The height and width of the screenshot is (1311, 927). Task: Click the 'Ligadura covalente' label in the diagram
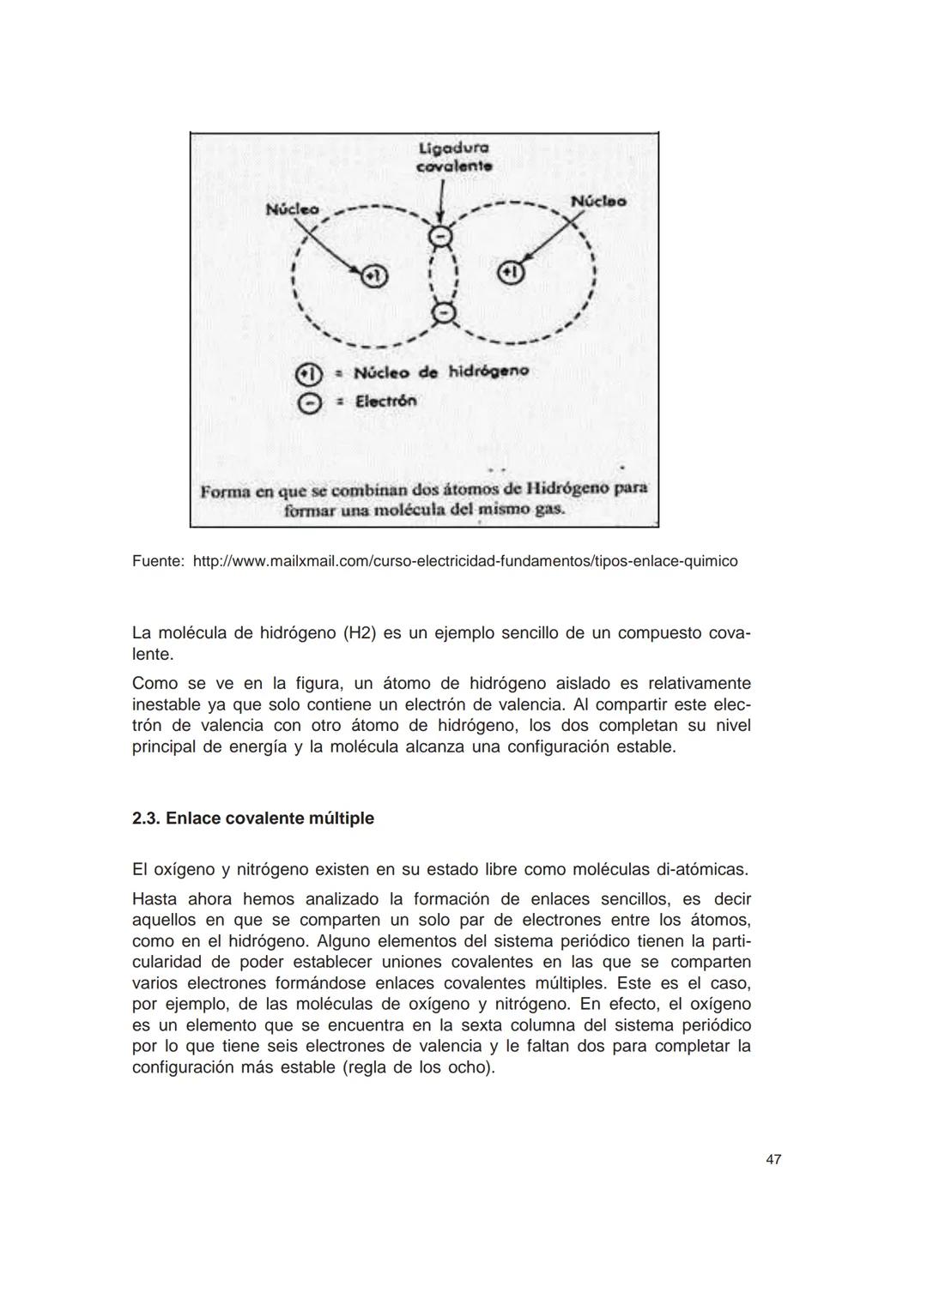coord(453,159)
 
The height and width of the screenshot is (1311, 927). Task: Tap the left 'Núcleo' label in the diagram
coord(292,208)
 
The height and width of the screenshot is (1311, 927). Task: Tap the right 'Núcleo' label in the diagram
coord(598,201)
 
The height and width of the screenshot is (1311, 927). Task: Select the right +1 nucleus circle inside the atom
coord(511,273)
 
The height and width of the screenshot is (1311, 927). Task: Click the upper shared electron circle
coord(439,236)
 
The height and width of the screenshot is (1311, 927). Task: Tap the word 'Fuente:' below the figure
coord(158,561)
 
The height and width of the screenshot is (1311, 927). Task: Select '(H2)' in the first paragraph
coord(359,633)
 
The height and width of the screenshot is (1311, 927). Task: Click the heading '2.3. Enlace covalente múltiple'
coord(253,818)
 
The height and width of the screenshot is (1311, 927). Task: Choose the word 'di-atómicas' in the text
coord(700,869)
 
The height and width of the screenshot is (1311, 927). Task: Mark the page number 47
coord(773,1160)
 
